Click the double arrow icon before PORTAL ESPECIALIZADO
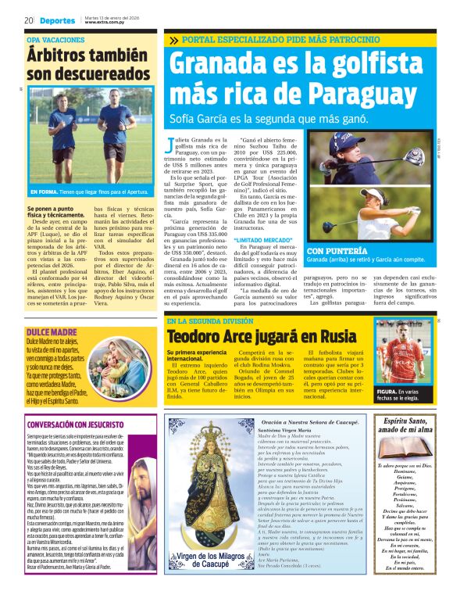click(x=172, y=40)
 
